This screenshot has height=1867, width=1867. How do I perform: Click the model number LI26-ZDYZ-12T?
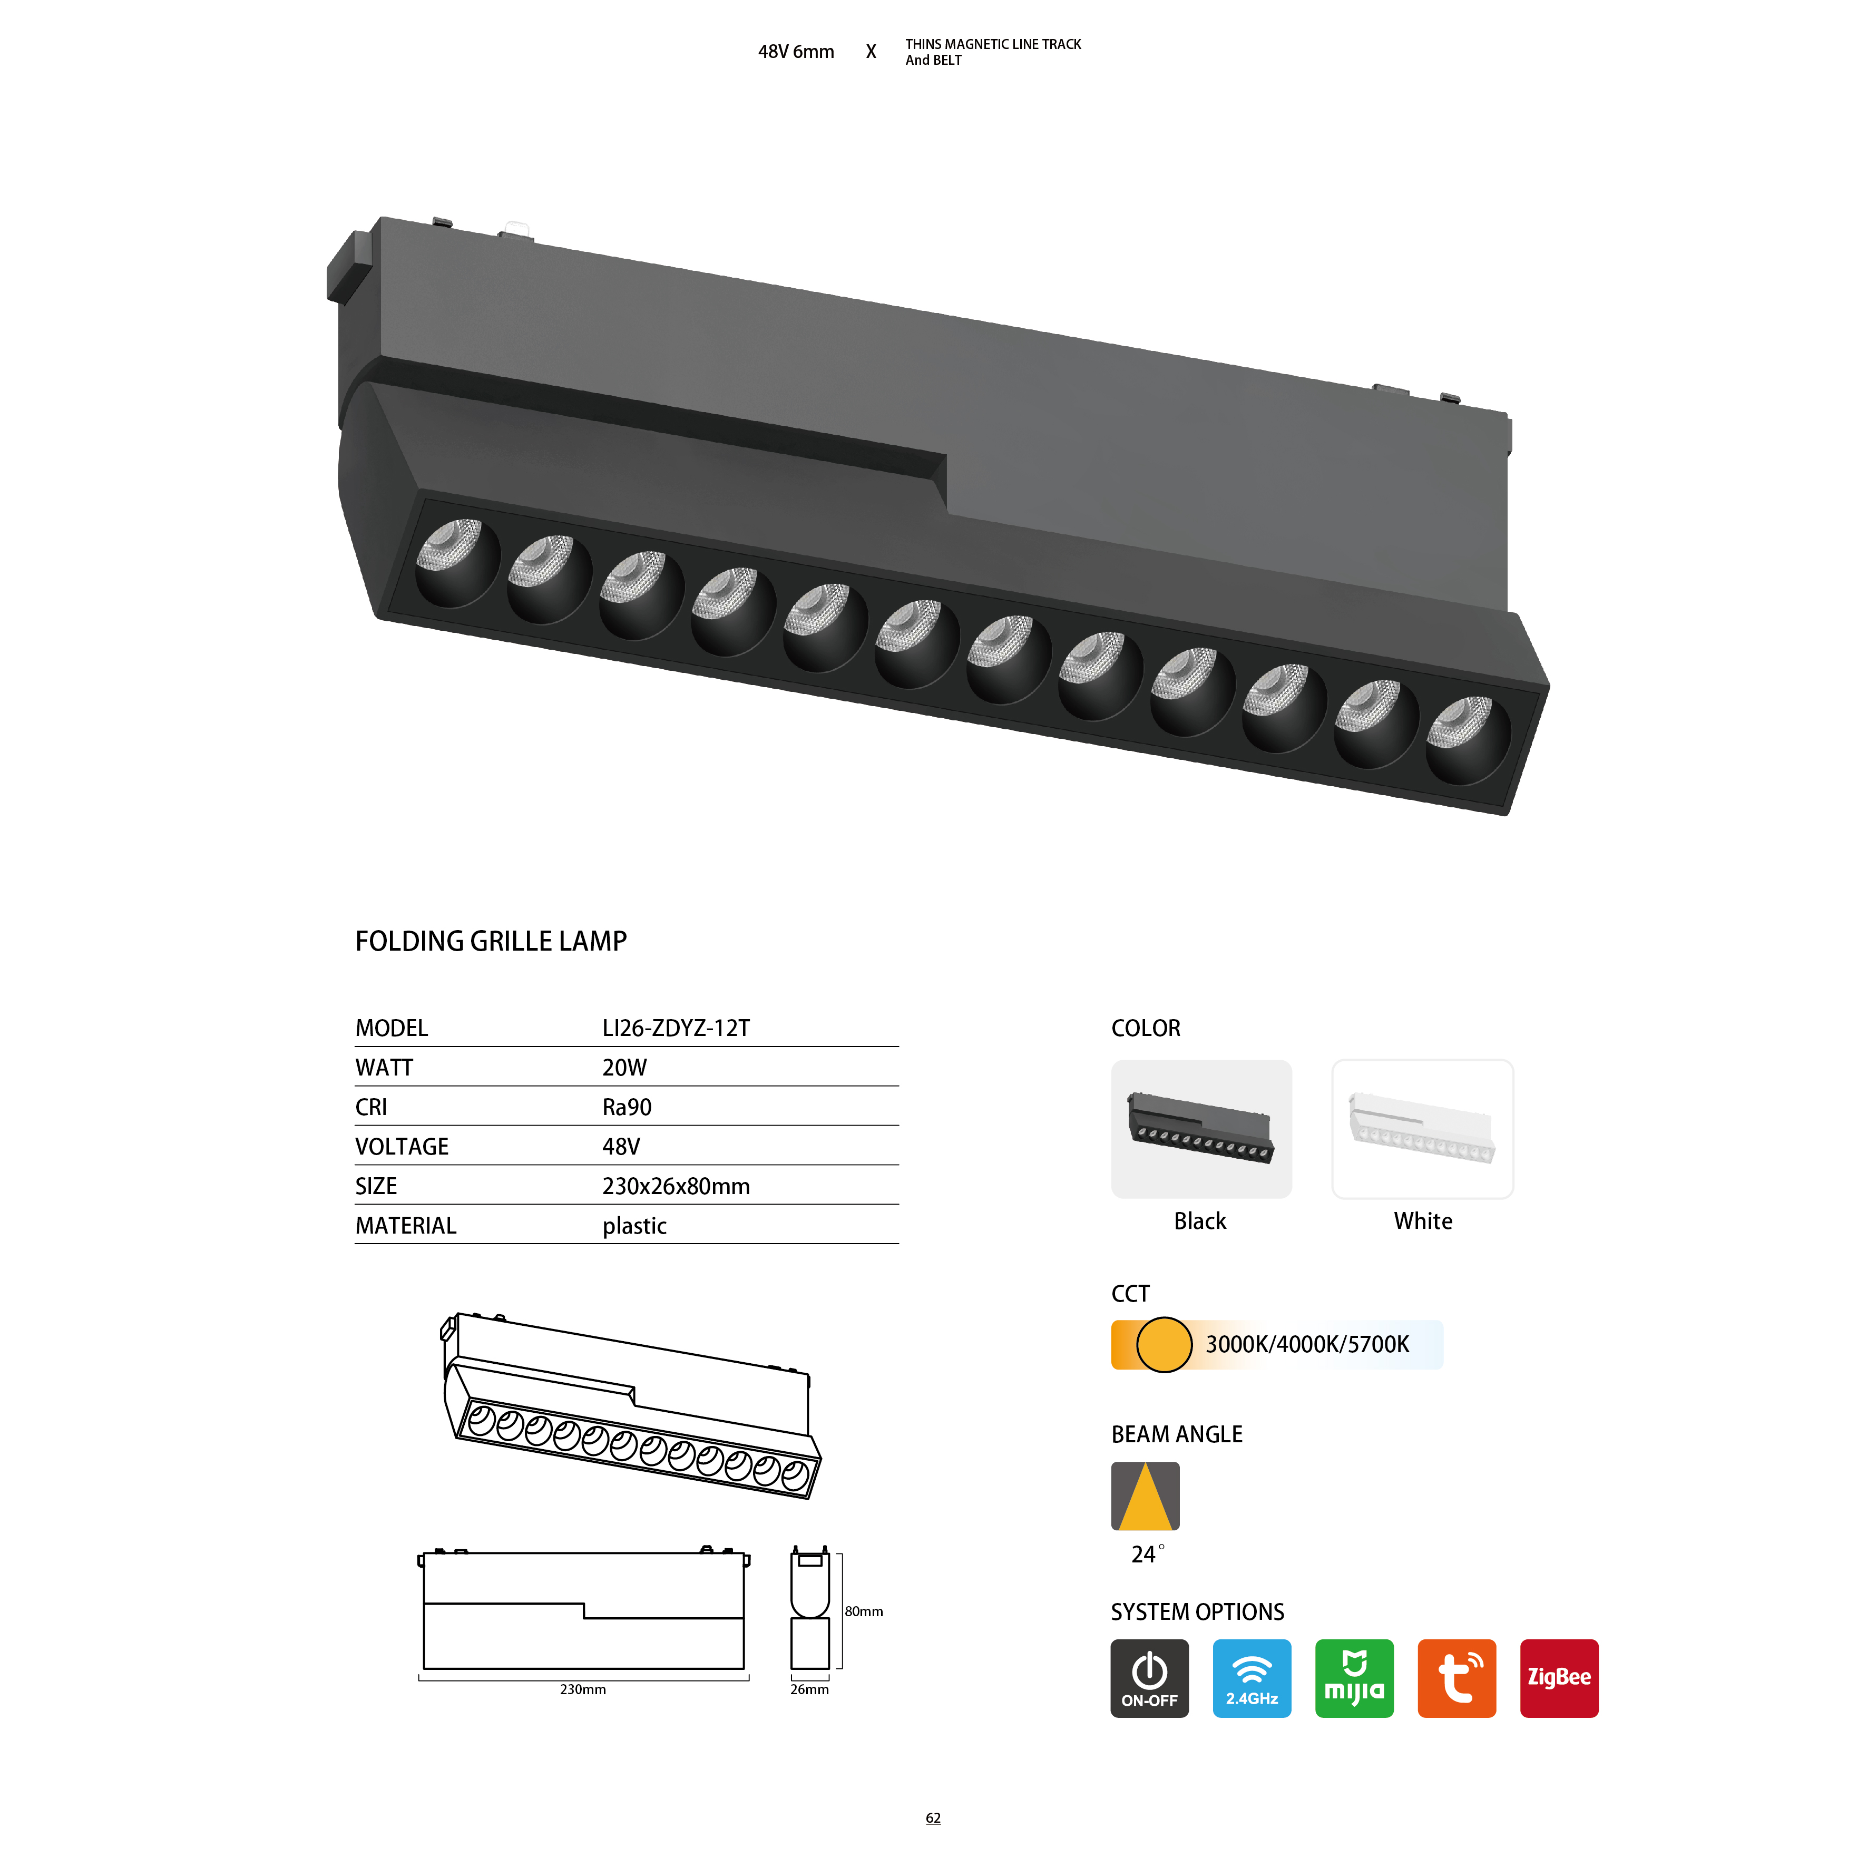coord(676,1028)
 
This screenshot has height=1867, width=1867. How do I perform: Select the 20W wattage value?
coord(624,1068)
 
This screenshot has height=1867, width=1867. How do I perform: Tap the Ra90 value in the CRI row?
coord(627,1108)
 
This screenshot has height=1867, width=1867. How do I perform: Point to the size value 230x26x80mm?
coord(676,1187)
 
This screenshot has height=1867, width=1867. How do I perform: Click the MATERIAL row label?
coord(406,1226)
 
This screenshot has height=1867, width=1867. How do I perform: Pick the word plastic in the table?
coord(634,1226)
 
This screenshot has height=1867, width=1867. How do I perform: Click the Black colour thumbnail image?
coord(1201,1129)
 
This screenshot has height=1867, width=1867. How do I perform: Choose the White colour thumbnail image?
coord(1422,1129)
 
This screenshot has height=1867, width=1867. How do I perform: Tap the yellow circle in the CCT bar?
coord(1164,1344)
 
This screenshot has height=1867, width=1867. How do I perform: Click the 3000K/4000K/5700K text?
coord(1307,1344)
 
